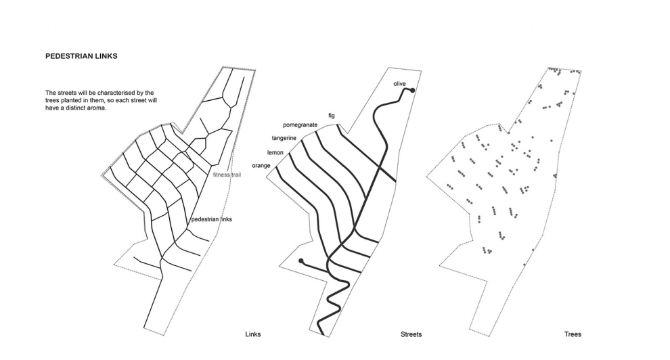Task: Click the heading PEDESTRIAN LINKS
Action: pos(81,57)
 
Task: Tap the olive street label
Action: pos(399,83)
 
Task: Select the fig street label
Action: pos(332,116)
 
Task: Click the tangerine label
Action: pos(285,139)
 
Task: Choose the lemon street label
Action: pos(275,153)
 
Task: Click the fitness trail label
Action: pos(227,175)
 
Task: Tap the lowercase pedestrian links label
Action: pos(212,219)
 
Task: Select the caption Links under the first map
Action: pos(253,334)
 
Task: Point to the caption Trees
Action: pos(573,334)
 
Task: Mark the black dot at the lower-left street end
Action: pos(301,261)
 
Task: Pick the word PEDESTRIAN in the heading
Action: pos(68,57)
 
